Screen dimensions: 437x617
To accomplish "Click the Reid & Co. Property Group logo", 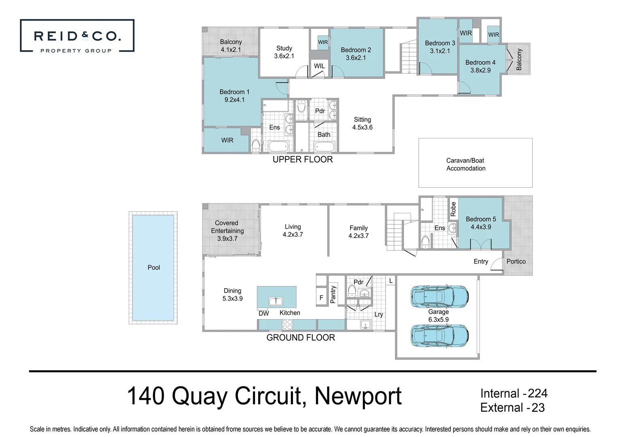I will pos(77,36).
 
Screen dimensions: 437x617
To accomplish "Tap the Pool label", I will pos(154,267).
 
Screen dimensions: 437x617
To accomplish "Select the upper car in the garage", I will pos(439,297).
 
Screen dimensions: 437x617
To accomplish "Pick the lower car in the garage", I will pos(439,335).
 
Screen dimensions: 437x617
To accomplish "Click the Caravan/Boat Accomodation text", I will pos(466,164).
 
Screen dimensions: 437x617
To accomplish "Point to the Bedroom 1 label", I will pos(234,96).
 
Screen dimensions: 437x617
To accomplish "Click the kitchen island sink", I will pos(276,301).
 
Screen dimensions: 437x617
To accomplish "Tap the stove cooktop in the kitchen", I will pos(287,325).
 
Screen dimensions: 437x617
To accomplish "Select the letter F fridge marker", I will pos(321,298).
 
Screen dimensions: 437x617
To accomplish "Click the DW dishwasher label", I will pos(263,314).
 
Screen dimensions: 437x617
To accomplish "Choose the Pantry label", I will pos(333,294).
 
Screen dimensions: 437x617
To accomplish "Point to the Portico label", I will pos(516,261).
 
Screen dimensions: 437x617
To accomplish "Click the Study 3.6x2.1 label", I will pos(284,52).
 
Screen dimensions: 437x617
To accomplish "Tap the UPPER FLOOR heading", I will pos(303,159).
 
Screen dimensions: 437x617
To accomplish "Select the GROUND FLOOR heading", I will pos(301,337).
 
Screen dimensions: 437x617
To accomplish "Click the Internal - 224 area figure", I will pos(514,393).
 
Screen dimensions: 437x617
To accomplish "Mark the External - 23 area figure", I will pos(512,407).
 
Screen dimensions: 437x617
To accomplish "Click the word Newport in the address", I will pos(358,396).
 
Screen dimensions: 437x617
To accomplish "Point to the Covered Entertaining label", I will pos(227,231).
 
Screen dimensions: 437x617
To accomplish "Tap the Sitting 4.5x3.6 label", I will pos(362,123).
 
